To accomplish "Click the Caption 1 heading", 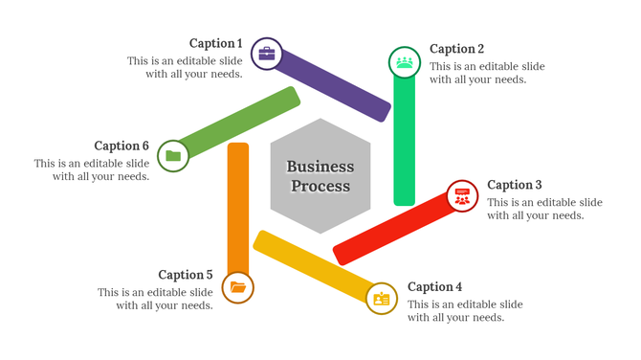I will (215, 43).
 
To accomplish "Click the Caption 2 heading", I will (456, 49).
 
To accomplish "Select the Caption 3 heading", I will (515, 185).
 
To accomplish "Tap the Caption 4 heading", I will (434, 286).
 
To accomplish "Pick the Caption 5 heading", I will (186, 275).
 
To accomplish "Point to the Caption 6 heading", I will (122, 146).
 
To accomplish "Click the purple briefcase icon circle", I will (267, 54).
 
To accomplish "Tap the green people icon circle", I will (405, 62).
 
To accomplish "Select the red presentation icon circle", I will (463, 196).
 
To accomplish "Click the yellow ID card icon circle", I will (383, 299).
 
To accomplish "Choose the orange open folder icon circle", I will (237, 287).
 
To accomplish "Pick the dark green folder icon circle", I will (173, 155).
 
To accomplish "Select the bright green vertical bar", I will (405, 144).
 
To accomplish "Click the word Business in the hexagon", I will (320, 167).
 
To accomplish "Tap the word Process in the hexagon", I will (320, 186).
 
